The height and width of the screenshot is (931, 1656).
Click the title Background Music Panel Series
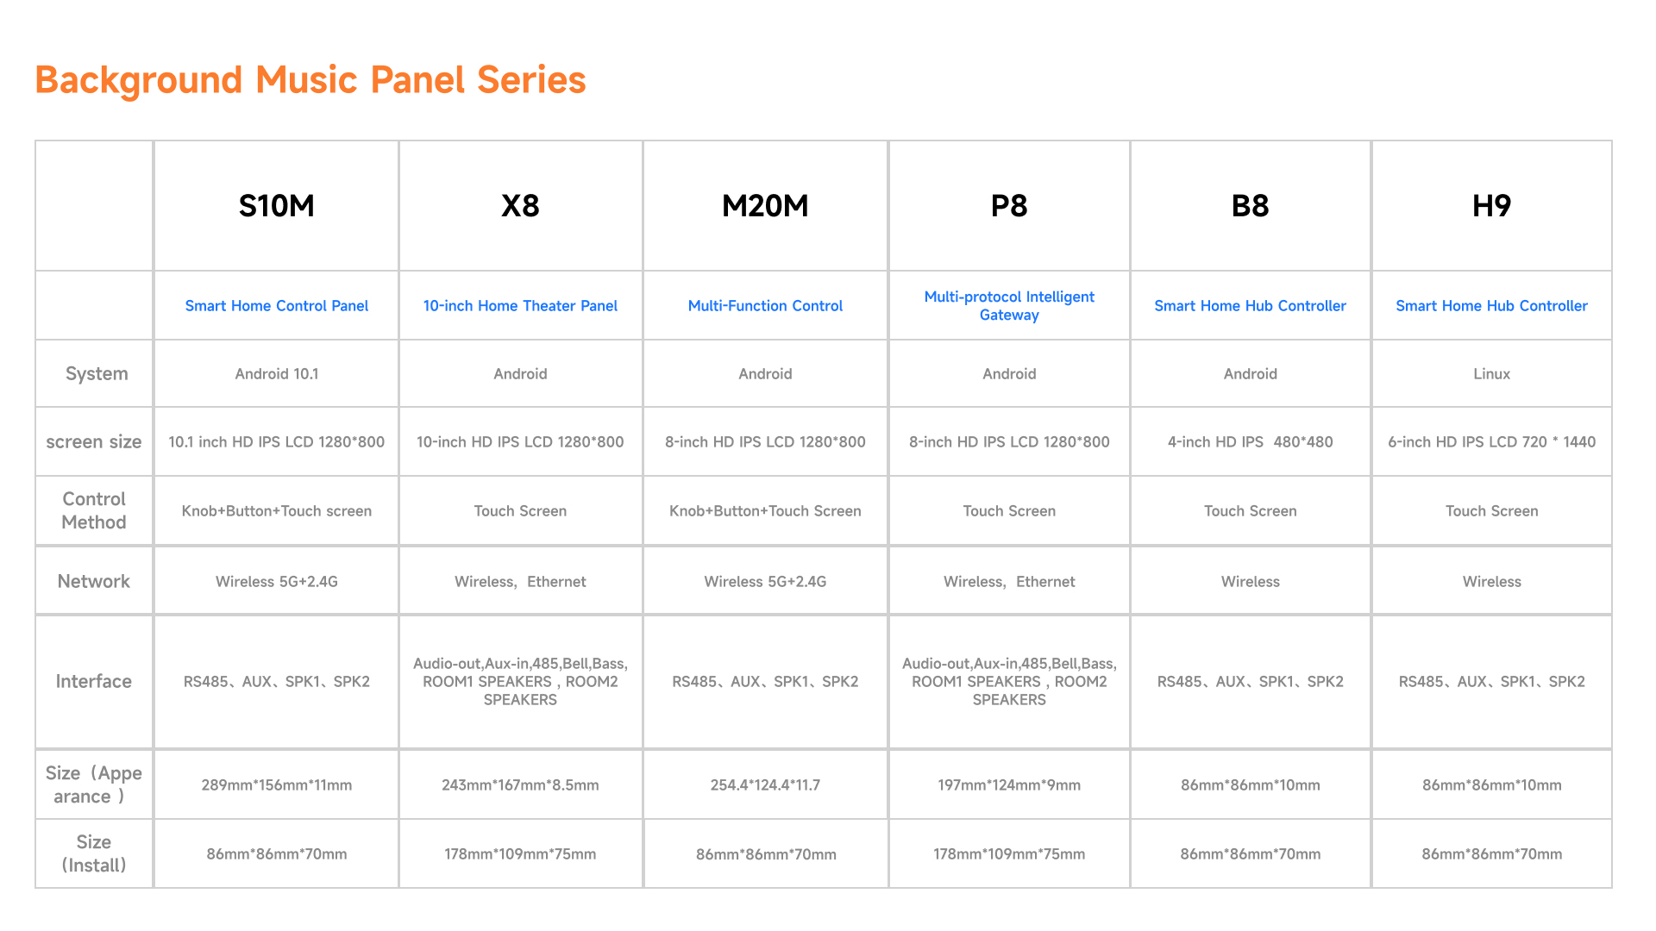pos(310,80)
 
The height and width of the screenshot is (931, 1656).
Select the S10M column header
pos(276,206)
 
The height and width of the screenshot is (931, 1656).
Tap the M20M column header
pos(765,206)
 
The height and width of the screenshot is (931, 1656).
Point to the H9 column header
pos(1491,206)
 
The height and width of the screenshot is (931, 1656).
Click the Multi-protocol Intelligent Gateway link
pos(1009,306)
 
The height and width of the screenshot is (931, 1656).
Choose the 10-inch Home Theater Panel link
pos(520,306)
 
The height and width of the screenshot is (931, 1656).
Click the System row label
pos(97,374)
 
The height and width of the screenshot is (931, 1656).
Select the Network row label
pos(94,582)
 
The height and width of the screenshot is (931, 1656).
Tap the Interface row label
pos(94,682)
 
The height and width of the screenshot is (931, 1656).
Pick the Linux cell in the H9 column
pos(1491,374)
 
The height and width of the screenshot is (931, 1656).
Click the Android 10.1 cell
pos(276,374)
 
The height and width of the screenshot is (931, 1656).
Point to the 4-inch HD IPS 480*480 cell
pos(1250,442)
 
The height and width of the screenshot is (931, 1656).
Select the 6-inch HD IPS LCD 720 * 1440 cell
pos(1491,442)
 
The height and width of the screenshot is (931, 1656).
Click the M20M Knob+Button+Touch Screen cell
pos(765,511)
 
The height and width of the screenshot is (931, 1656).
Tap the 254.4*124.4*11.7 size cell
pos(765,785)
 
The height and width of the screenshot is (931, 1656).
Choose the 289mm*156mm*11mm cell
pos(276,785)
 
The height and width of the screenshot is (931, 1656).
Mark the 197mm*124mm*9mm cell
pos(1009,785)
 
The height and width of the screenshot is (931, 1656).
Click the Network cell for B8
pos(1250,582)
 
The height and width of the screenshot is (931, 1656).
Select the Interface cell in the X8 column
pos(520,682)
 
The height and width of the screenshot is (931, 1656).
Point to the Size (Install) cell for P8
pos(1009,854)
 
